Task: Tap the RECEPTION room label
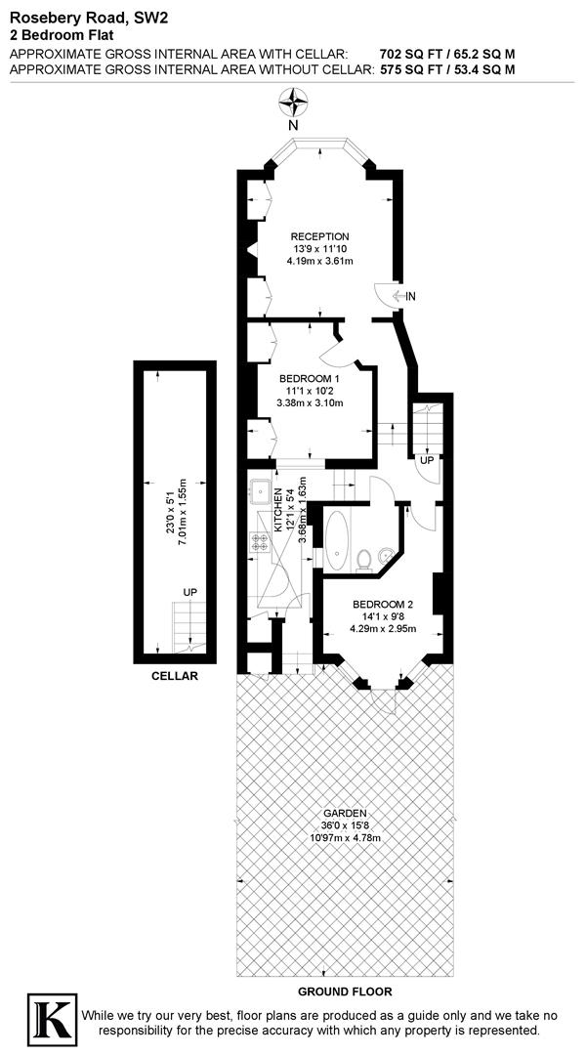(319, 236)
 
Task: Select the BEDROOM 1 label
(310, 379)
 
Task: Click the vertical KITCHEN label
(278, 509)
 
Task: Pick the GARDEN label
(346, 813)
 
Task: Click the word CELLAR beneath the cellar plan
(175, 676)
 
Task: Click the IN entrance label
(411, 296)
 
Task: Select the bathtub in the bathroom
(337, 540)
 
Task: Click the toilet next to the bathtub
(364, 558)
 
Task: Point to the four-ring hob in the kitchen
(261, 541)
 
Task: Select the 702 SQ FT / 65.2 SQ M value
(446, 53)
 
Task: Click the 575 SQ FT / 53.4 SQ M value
(446, 69)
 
